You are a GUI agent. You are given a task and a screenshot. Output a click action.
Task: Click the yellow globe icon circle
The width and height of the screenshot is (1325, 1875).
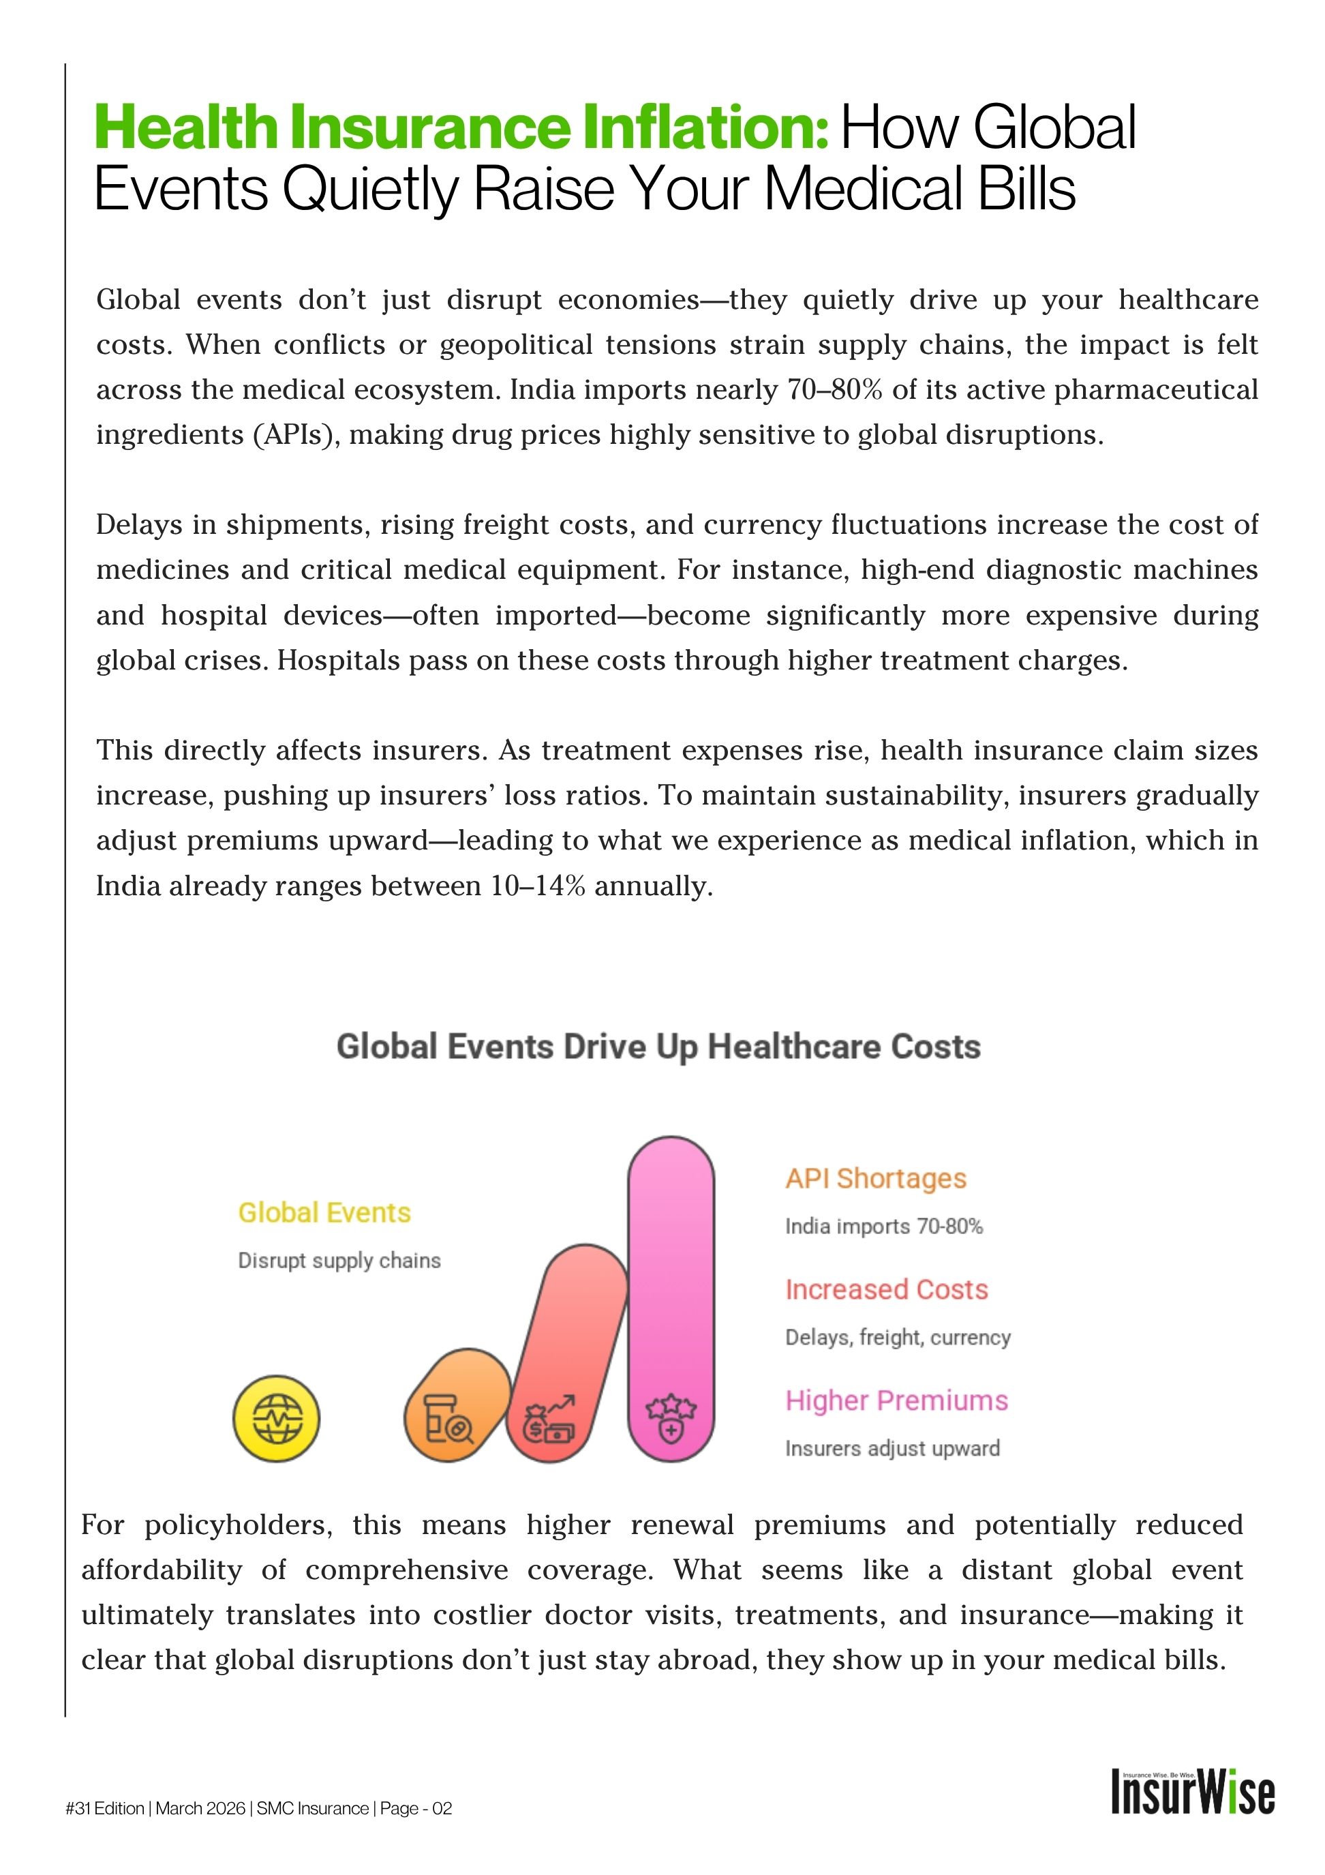pos(276,1417)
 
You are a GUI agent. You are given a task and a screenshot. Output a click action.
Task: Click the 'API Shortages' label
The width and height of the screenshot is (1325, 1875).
pos(875,1178)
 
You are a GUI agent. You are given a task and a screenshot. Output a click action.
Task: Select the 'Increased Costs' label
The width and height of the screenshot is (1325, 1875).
pos(886,1289)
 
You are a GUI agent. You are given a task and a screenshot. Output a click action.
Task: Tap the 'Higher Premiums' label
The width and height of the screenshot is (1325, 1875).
pos(896,1400)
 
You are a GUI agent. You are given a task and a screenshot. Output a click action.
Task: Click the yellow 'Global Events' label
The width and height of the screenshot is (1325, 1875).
pos(324,1213)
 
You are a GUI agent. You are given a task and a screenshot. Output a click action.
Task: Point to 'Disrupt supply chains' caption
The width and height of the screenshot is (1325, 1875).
pos(339,1260)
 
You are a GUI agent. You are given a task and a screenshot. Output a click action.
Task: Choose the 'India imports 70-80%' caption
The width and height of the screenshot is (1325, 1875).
pos(883,1226)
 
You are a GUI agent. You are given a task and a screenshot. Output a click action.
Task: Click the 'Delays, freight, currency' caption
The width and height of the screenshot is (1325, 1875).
pos(897,1337)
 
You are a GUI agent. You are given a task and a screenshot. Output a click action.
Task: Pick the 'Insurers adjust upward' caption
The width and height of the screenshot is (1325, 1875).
pos(892,1448)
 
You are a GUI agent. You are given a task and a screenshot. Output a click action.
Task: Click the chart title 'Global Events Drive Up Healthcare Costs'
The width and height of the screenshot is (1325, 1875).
pos(658,1046)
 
